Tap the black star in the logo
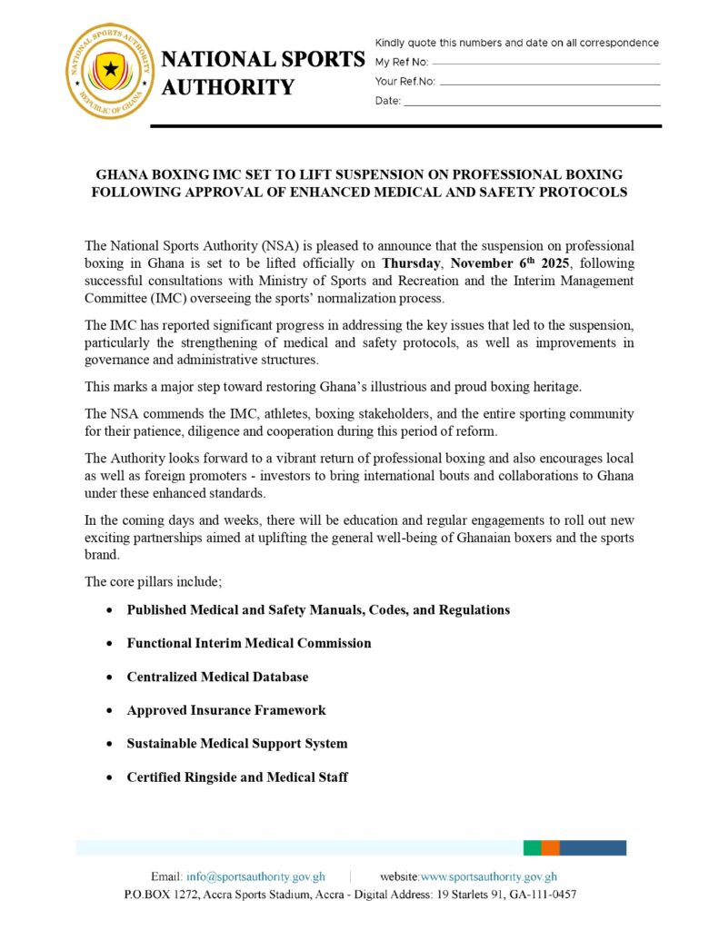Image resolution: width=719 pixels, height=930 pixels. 111,69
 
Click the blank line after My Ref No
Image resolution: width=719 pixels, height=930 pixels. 545,64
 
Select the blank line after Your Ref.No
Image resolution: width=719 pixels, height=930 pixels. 549,84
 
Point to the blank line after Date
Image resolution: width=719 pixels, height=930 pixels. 532,104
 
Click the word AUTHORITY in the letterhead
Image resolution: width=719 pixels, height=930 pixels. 228,88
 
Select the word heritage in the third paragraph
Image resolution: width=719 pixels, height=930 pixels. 554,387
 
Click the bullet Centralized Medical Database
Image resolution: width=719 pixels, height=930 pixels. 217,677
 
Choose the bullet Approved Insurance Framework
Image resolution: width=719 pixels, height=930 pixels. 225,710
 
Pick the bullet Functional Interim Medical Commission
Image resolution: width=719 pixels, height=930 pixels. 249,643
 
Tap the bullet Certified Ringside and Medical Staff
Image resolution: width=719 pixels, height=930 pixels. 237,777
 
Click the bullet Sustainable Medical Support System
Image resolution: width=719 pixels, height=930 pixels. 236,744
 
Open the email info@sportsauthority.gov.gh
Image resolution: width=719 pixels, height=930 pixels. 255,877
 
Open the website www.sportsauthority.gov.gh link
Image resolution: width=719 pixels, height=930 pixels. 488,877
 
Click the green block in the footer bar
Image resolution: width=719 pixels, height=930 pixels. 532,848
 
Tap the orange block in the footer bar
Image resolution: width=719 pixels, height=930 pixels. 550,848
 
